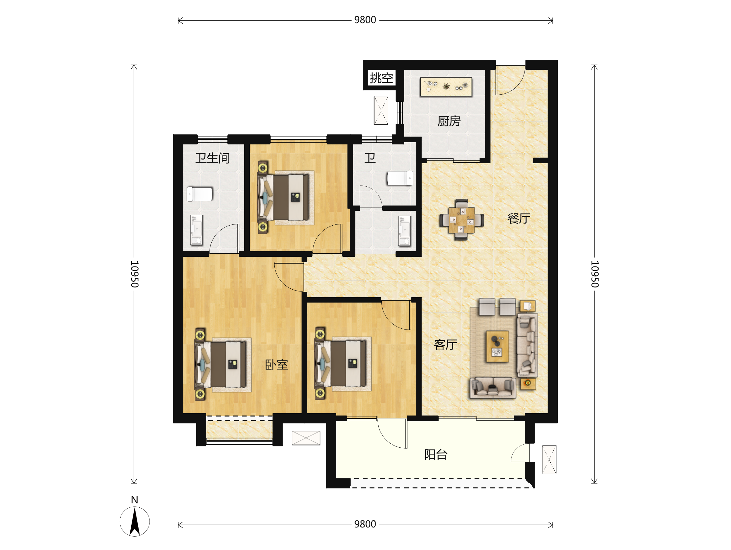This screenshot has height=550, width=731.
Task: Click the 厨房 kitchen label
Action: click(449, 121)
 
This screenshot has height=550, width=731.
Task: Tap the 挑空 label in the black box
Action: click(381, 78)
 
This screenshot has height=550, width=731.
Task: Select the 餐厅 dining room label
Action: click(519, 218)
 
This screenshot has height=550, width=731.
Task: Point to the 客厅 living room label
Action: click(446, 344)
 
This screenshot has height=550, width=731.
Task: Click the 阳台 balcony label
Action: click(436, 455)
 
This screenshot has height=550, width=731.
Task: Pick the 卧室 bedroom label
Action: click(277, 365)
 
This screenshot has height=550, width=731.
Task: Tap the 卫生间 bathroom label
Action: click(213, 158)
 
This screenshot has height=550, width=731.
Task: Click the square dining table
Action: click(462, 220)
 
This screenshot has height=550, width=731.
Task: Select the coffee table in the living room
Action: click(497, 347)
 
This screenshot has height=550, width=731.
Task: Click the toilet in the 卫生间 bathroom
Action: click(200, 194)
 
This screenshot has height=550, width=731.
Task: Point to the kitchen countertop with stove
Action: click(446, 86)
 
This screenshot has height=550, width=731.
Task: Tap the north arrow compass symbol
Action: click(135, 522)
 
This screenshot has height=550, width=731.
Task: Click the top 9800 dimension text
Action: click(365, 20)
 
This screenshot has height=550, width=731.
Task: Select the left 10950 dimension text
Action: click(135, 274)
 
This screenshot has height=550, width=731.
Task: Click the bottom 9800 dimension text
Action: click(365, 524)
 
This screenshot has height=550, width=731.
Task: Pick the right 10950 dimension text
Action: click(595, 274)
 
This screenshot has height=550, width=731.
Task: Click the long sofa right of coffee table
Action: click(527, 345)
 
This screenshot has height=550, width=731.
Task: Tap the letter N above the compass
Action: click(135, 500)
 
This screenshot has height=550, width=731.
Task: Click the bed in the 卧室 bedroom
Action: click(221, 364)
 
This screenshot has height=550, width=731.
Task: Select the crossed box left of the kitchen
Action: click(381, 110)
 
